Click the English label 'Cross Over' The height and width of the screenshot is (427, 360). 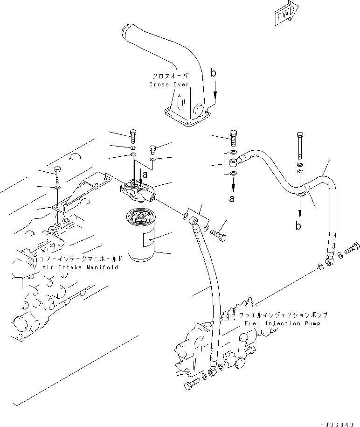pyautogui.click(x=169, y=84)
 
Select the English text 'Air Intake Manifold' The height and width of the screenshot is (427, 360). pyautogui.click(x=80, y=267)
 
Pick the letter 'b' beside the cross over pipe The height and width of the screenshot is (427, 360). pyautogui.click(x=213, y=73)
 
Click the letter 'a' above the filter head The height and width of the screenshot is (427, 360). pyautogui.click(x=145, y=174)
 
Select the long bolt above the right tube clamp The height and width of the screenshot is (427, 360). pyautogui.click(x=299, y=146)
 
